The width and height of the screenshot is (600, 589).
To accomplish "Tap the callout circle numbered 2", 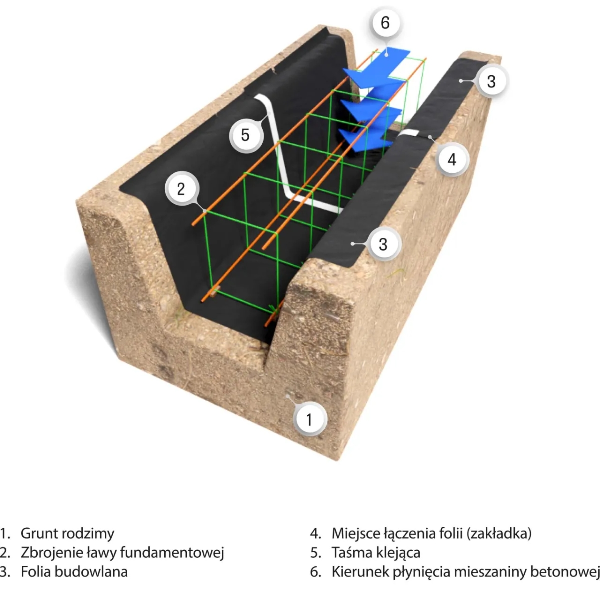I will coord(181,188).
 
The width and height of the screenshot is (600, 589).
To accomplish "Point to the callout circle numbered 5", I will coord(245,134).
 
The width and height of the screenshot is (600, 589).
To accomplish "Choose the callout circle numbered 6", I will coord(385,23).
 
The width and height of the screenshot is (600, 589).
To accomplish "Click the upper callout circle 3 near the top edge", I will coord(491,81).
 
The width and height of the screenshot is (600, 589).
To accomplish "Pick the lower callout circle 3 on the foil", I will coord(383,244).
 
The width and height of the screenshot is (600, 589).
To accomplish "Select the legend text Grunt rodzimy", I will coord(67,533).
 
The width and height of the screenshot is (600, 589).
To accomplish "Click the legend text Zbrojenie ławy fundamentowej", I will coord(122,552).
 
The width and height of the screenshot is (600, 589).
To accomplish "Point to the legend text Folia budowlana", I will coord(74,571).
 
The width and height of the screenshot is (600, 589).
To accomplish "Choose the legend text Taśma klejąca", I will coord(376,552).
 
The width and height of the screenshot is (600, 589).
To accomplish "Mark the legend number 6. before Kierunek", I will coord(315,571).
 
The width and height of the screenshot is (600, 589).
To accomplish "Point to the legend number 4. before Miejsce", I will coord(315,533).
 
